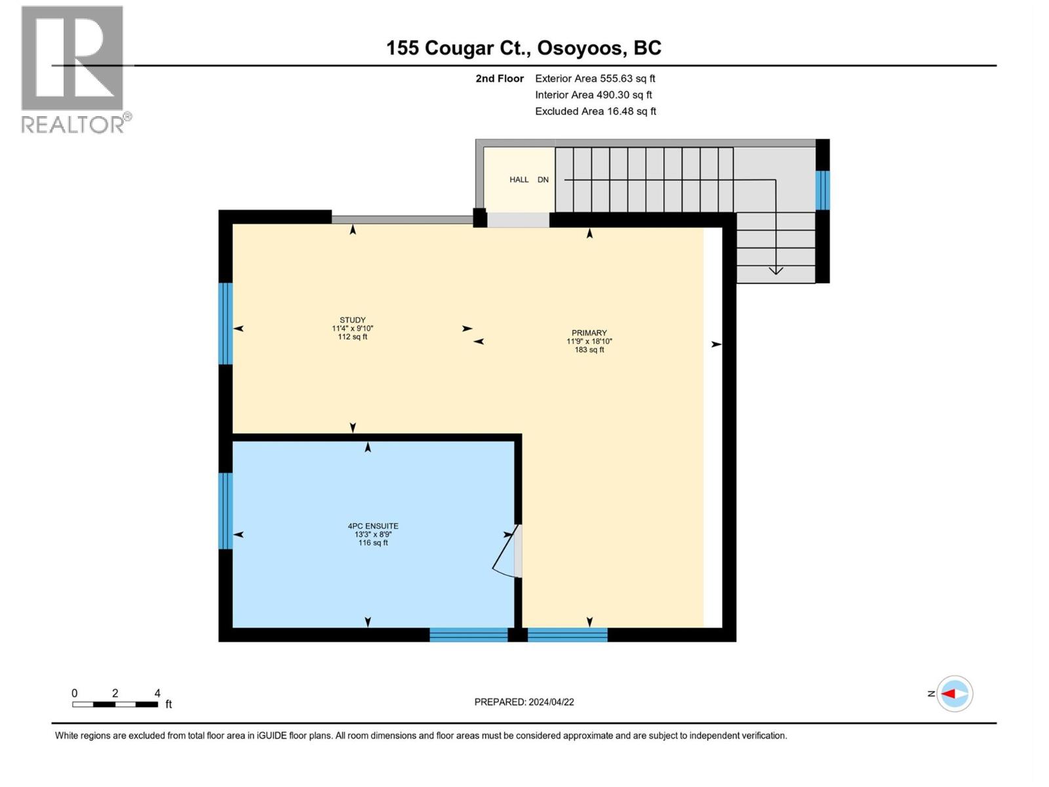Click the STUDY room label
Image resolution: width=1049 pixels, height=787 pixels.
[353, 320]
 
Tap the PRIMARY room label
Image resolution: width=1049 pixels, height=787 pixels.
[589, 333]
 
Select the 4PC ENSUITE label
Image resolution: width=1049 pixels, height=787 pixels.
[373, 526]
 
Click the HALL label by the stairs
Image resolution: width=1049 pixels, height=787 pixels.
[519, 180]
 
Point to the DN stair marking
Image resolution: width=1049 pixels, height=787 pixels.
[543, 180]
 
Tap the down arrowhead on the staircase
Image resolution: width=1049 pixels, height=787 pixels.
[776, 270]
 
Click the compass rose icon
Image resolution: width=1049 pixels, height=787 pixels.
[954, 694]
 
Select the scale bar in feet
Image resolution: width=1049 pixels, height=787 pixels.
[115, 704]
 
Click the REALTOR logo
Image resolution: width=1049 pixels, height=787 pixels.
[73, 69]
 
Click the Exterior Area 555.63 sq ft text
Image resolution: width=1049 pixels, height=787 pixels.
[595, 78]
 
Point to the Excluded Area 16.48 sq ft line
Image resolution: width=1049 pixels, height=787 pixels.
[595, 111]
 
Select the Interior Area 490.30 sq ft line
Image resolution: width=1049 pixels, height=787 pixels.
[593, 95]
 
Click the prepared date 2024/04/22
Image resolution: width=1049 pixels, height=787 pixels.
[524, 702]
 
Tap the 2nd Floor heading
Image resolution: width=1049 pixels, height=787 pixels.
[500, 78]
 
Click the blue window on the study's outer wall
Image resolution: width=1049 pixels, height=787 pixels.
[225, 323]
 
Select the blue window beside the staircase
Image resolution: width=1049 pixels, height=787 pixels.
[822, 190]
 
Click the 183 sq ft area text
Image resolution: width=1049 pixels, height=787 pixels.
[589, 350]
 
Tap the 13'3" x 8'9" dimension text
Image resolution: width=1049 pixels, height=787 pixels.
[373, 535]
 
